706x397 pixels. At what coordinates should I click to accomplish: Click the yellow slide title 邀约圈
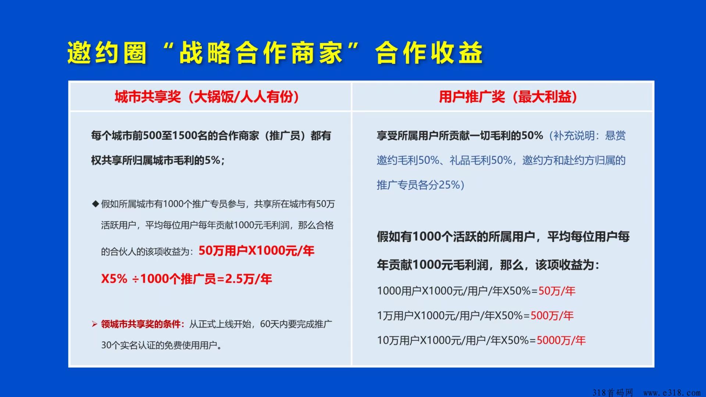(107, 53)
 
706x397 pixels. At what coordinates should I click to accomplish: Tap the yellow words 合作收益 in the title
(429, 53)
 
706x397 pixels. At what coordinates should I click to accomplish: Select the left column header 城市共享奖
(148, 97)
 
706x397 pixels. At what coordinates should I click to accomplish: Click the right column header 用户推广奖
(472, 97)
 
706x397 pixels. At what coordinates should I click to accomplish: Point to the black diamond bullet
(96, 204)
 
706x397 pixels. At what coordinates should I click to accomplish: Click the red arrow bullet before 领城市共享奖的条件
(95, 324)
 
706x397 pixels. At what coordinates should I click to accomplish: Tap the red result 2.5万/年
(249, 279)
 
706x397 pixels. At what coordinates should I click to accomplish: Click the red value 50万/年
(557, 291)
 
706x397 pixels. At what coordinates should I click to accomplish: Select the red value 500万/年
(552, 316)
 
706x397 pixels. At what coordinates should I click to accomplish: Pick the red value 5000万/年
(561, 340)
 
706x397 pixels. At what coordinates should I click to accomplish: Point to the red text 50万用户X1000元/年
(256, 251)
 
